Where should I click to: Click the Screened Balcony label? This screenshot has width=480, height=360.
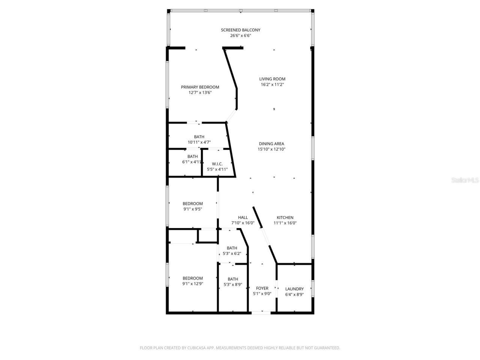point(240,30)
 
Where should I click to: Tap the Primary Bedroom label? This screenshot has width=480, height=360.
point(200,87)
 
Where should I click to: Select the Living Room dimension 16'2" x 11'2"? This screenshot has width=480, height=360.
point(273,85)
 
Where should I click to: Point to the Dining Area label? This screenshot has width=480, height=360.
point(271,144)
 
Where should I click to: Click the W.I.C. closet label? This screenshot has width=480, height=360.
point(217,164)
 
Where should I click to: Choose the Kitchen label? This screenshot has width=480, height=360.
point(285,217)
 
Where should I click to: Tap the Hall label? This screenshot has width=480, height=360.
point(243,217)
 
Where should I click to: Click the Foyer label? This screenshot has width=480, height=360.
point(262,288)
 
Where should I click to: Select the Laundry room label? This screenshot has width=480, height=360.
point(294,289)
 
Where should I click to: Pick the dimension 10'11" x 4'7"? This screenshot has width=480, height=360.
point(199,142)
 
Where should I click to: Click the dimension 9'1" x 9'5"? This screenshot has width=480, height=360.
point(193,209)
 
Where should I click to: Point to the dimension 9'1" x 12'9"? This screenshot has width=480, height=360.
point(193,284)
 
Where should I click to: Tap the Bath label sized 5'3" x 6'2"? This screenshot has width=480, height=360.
point(232,248)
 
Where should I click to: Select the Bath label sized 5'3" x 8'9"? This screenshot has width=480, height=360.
point(232,279)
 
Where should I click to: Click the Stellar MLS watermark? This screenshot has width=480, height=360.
point(465,180)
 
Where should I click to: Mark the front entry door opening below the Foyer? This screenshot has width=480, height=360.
point(261,312)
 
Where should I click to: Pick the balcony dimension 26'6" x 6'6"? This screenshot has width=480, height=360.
point(240,36)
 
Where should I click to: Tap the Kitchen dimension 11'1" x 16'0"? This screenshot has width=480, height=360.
point(285,223)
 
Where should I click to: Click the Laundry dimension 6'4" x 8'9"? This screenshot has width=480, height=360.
point(294,294)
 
